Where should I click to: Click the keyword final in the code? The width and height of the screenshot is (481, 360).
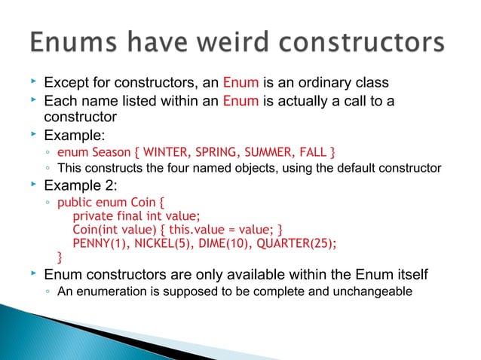click(x=138, y=215)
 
